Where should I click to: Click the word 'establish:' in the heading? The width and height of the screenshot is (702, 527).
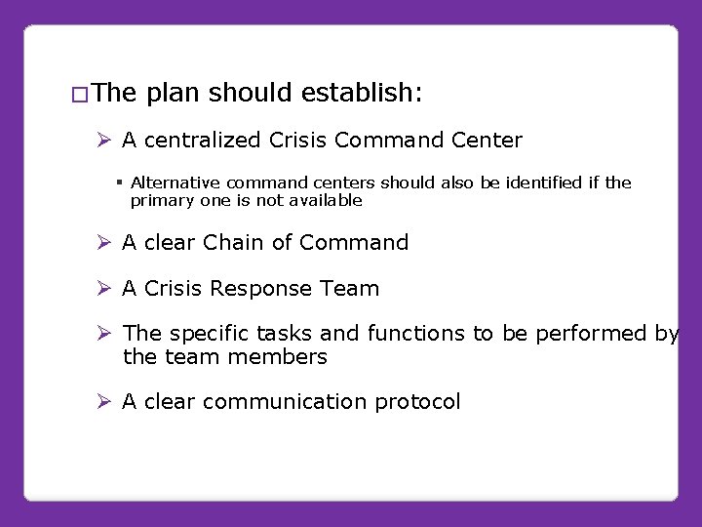pos(362,93)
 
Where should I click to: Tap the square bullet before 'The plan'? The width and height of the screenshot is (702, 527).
pos(80,96)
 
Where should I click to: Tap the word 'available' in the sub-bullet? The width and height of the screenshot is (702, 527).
pos(327,200)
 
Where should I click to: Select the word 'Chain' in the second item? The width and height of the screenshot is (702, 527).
pos(231,242)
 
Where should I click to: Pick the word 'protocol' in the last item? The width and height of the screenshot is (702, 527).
pos(421,403)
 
